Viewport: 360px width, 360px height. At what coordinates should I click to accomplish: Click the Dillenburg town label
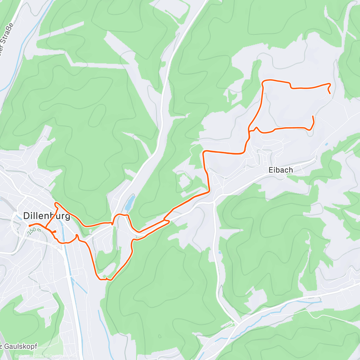coord(46,216)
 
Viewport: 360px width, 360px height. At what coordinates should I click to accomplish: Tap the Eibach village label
coord(280,170)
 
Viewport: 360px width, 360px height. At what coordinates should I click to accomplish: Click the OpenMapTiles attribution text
coord(31,356)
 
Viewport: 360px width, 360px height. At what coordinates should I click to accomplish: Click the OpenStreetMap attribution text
coord(61,356)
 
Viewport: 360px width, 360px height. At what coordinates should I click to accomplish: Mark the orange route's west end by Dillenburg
coord(29,226)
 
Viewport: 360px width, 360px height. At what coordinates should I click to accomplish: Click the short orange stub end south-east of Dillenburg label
coord(55,232)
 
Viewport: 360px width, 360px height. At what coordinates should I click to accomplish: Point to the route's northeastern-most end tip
coord(330,94)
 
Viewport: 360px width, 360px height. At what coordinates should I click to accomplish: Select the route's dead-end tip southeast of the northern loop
coord(313,116)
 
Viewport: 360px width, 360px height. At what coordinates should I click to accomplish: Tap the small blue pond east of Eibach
coord(326,144)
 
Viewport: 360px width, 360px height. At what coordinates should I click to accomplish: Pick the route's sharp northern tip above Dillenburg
coord(55,203)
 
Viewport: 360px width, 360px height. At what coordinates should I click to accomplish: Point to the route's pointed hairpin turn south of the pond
coord(169,221)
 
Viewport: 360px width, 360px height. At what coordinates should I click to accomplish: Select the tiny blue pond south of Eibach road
coord(220,253)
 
